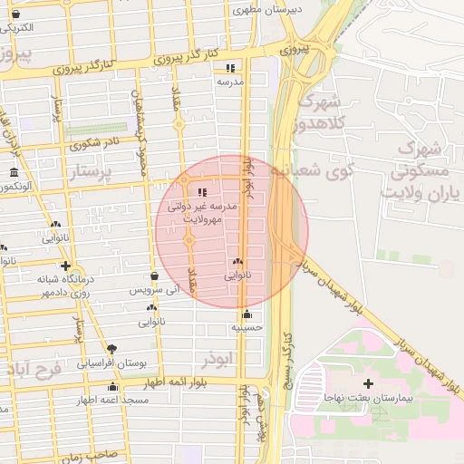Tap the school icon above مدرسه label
[x=231, y=68]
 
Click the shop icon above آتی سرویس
[x=154, y=275]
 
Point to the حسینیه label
[x=246, y=328]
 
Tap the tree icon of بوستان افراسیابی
[x=111, y=349]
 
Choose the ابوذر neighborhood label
[x=219, y=359]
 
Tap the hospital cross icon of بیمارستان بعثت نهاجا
[x=368, y=384]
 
